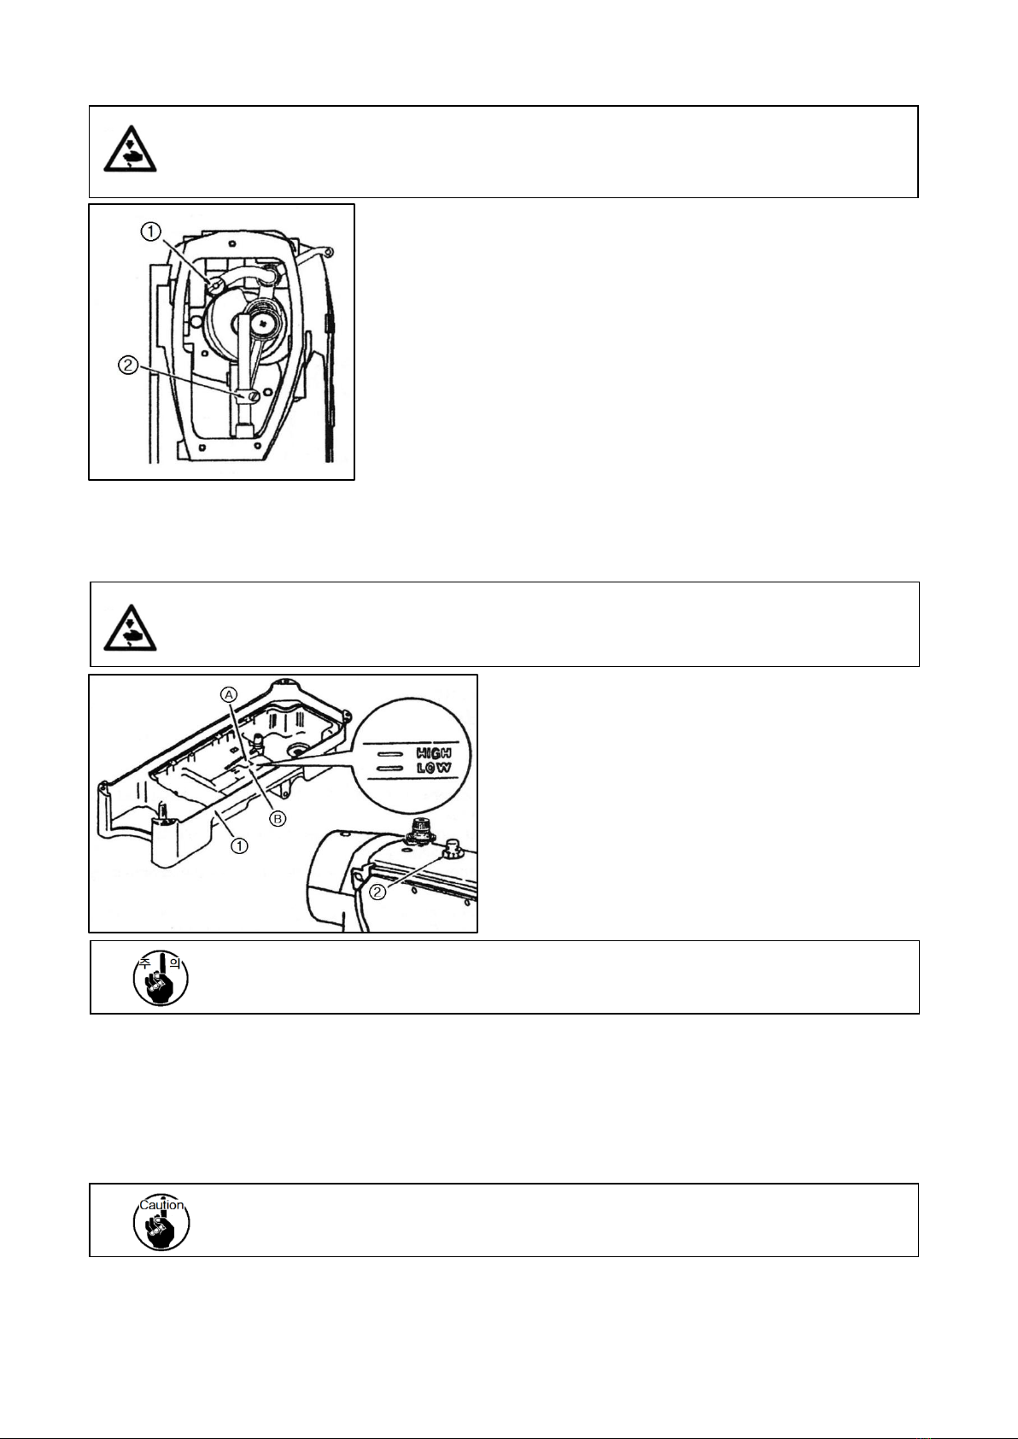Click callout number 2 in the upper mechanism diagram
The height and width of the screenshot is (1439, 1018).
tap(127, 366)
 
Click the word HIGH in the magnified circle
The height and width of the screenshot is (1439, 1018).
tap(433, 753)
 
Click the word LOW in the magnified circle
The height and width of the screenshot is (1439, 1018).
tap(433, 768)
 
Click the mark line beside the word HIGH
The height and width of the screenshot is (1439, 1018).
tap(389, 754)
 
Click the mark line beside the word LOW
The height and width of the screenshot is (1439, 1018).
tap(389, 768)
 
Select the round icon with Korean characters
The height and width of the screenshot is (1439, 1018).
tap(161, 978)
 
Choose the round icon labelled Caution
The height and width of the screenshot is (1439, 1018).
tap(161, 1221)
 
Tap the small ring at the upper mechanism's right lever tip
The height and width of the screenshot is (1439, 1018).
tap(328, 251)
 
